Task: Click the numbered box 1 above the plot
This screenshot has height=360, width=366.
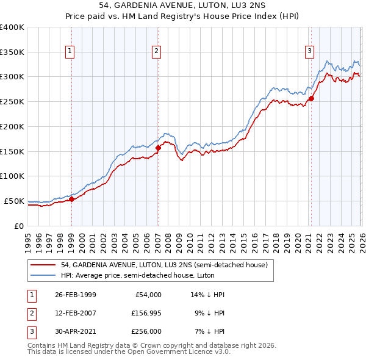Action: pos(71,51)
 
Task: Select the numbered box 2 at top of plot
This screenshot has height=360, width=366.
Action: pos(157,51)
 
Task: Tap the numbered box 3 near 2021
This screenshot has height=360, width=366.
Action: pos(310,51)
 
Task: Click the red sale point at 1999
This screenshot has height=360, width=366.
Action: pos(71,198)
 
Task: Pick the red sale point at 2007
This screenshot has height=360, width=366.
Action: pos(158,147)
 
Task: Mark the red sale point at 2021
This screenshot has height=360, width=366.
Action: pos(311,98)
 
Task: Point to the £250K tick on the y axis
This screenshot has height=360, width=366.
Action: pos(12,101)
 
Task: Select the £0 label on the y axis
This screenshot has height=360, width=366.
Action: pos(18,226)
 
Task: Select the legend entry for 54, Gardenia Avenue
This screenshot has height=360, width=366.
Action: pos(164,265)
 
